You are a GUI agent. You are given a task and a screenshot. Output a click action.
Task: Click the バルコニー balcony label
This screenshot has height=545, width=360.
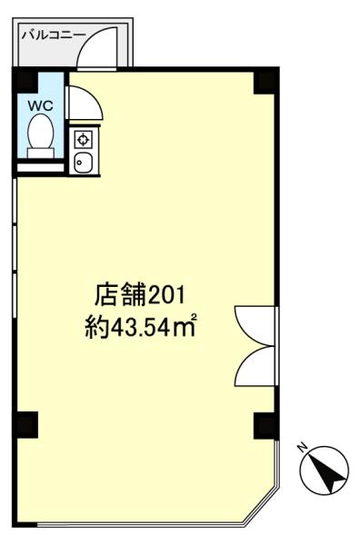coord(51,34)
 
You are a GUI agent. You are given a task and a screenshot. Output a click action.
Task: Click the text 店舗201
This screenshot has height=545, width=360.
coord(140,295)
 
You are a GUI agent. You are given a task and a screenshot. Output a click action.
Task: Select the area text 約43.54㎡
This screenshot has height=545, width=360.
coord(141,324)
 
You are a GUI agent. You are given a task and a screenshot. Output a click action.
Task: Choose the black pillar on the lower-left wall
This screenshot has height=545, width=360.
coord(26,422)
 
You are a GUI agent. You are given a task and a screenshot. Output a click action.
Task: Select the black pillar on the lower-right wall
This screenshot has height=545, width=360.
coord(264,423)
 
